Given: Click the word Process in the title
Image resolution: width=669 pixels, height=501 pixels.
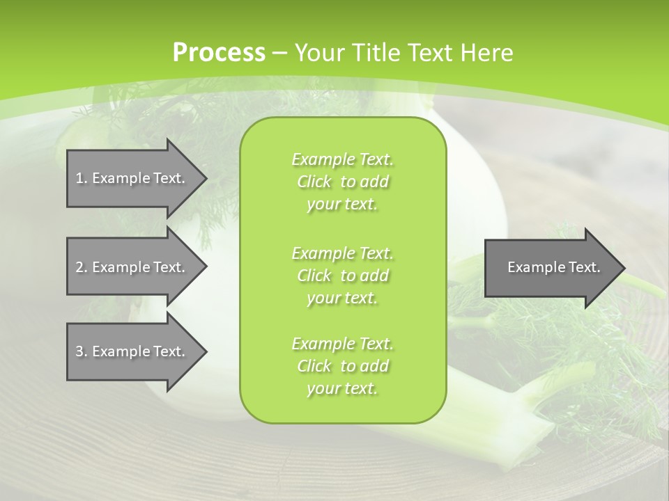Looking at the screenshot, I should click(218, 53).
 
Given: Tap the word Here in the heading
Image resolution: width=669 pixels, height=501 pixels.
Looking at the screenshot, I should click(486, 53).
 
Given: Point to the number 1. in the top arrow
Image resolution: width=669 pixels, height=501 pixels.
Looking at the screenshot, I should click(81, 178).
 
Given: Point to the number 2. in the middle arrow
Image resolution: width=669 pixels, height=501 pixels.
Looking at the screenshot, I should click(81, 267).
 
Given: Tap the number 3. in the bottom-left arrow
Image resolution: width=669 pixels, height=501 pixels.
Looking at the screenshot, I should click(81, 351).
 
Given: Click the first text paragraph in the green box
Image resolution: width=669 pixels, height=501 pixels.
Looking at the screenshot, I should click(342, 182).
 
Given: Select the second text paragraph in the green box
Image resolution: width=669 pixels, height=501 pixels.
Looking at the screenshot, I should click(342, 276).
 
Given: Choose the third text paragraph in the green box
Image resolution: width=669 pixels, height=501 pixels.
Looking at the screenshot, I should click(342, 366).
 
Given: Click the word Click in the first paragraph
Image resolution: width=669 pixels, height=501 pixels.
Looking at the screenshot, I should click(314, 182).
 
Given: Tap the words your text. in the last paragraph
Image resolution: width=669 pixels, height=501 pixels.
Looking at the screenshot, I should click(342, 388).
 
